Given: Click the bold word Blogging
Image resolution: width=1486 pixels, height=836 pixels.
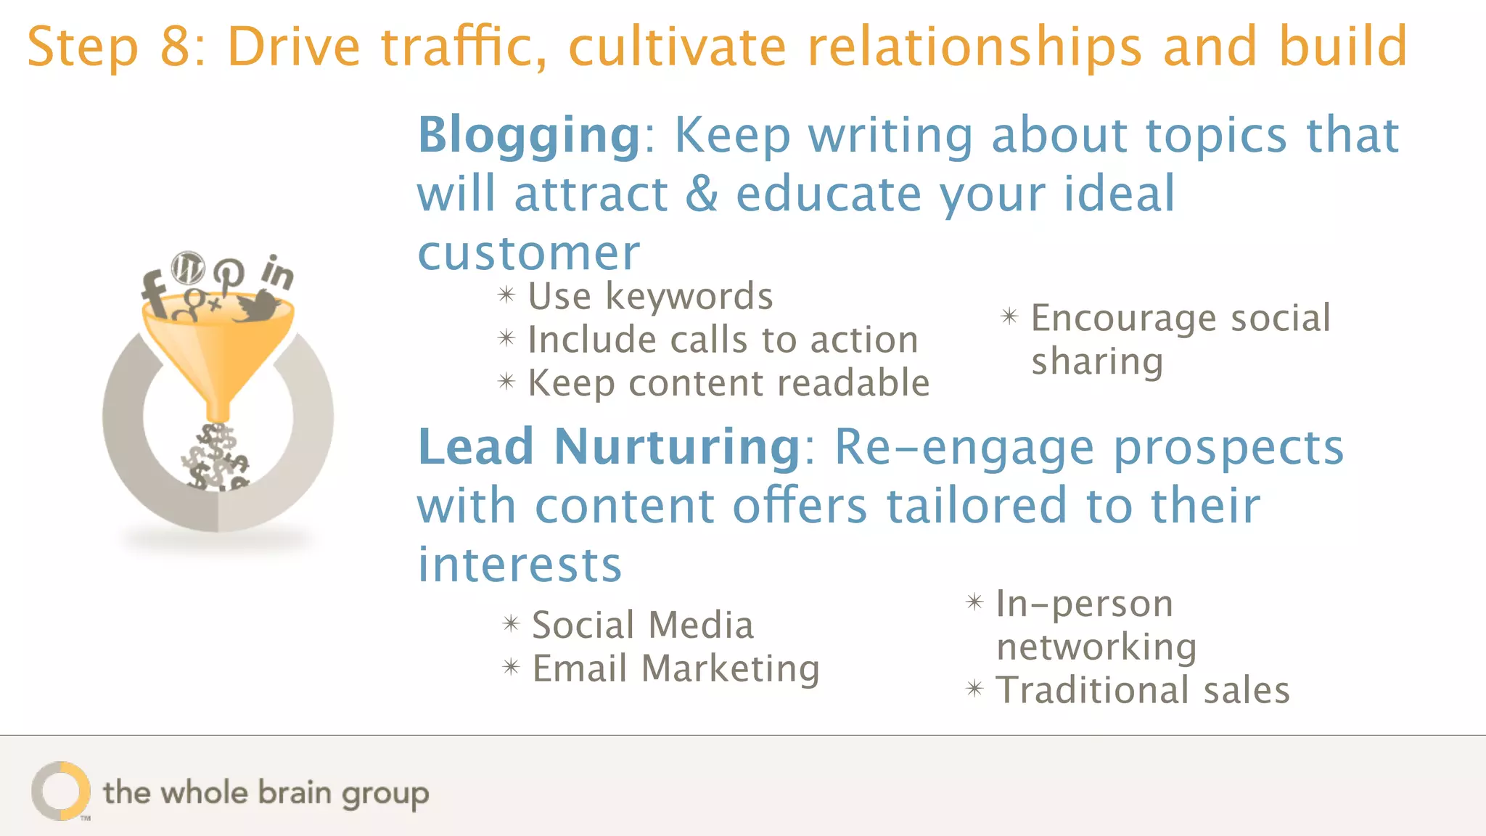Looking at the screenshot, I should (529, 136).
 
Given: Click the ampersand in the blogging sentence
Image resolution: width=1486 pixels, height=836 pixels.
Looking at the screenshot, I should (702, 194).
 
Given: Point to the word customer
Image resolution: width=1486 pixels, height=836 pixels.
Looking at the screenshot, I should (529, 253).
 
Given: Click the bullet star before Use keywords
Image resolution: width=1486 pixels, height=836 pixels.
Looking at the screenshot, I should (506, 295).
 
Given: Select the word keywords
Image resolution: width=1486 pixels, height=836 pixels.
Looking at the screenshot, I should (689, 297).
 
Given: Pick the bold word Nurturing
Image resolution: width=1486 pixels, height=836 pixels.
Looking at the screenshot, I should (678, 447).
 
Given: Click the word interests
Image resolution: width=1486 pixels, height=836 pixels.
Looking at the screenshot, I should (520, 565).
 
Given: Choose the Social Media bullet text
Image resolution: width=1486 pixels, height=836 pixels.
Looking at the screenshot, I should (643, 625).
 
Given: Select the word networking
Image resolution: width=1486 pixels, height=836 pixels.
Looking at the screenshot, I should (1096, 647).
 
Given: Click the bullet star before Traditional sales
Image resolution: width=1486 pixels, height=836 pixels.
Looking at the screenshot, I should (974, 689).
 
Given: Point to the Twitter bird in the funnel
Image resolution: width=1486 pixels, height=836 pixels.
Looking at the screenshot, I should (257, 308).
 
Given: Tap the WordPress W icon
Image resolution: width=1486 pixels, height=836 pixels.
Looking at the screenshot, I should (188, 269).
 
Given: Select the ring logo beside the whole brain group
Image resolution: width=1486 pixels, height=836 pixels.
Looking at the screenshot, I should (60, 791).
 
